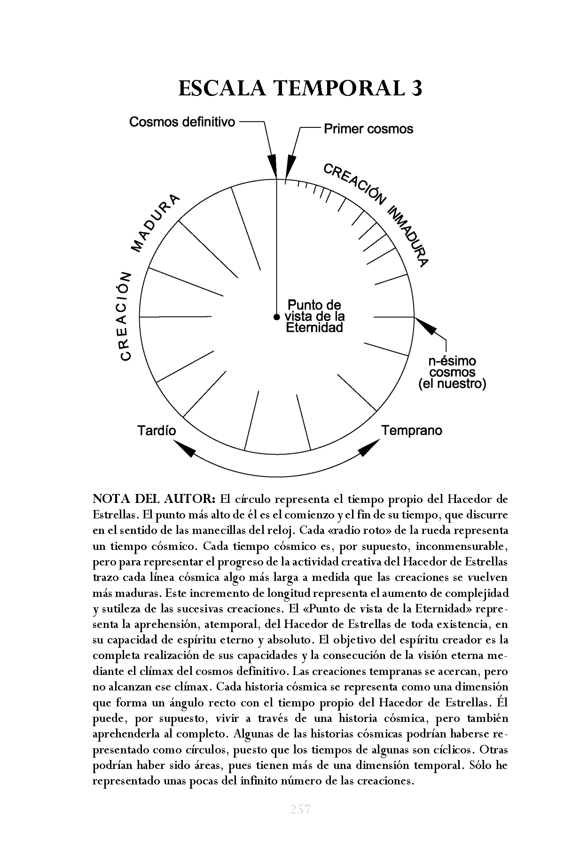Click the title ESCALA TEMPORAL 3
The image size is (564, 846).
pyautogui.click(x=300, y=88)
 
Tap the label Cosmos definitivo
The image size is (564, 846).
pyautogui.click(x=182, y=122)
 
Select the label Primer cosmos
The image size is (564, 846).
pyautogui.click(x=368, y=129)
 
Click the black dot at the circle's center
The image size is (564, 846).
pyautogui.click(x=276, y=317)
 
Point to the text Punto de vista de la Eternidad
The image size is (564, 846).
pyautogui.click(x=315, y=316)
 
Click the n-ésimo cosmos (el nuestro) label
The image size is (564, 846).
pyautogui.click(x=452, y=373)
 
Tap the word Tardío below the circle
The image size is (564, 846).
pyautogui.click(x=157, y=431)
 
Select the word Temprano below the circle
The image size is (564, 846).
pyautogui.click(x=411, y=430)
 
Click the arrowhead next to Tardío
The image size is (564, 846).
pyautogui.click(x=187, y=450)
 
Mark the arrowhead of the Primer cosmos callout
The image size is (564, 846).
pyautogui.click(x=290, y=166)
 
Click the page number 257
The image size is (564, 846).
pyautogui.click(x=300, y=809)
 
